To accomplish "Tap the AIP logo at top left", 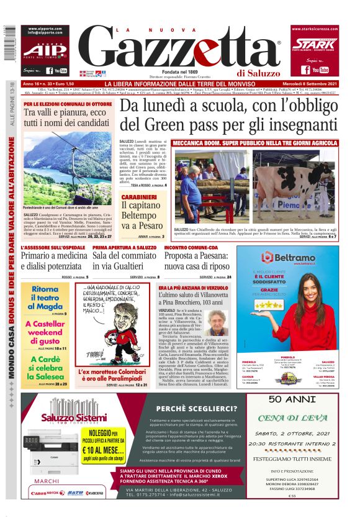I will [45, 50].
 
